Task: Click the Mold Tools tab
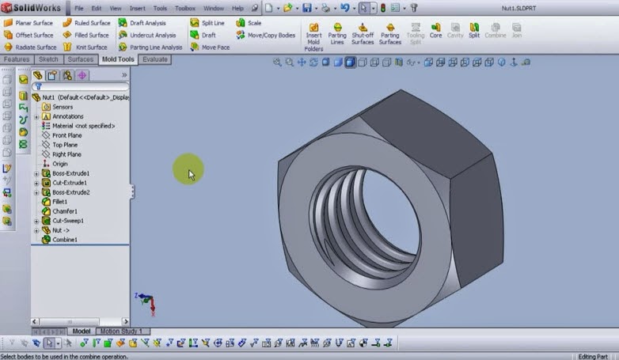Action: click(118, 59)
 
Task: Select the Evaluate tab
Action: click(154, 59)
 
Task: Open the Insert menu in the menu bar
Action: click(138, 8)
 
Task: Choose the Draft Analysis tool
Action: click(147, 23)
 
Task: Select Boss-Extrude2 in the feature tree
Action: click(70, 192)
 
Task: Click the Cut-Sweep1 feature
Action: click(67, 221)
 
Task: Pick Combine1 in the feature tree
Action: click(64, 239)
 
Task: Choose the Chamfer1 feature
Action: click(64, 211)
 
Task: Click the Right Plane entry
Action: click(66, 154)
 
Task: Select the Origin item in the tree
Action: click(59, 164)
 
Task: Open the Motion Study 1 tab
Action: click(121, 332)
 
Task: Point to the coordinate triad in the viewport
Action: click(144, 301)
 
